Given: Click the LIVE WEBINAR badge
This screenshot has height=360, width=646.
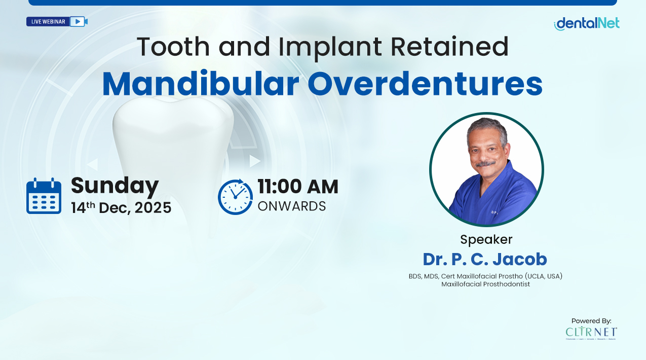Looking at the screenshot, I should point(48,22).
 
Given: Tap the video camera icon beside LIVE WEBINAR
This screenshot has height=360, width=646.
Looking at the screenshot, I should point(79,22).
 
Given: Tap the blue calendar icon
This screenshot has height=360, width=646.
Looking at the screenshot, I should point(44,196).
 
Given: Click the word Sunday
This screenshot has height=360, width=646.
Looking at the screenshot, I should point(115,186).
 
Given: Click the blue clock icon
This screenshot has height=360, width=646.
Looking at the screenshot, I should point(235,197).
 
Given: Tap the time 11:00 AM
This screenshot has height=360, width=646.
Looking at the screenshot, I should point(297,187).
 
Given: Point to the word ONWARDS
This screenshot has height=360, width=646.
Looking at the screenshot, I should point(291,206).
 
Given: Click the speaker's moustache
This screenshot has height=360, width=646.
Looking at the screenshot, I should point(486,164).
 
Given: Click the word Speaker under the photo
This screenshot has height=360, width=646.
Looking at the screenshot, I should point(486,239).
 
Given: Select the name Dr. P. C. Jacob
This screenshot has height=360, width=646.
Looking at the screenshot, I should point(485,259).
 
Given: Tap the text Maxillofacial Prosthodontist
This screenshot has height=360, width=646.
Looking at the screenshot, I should point(485,284).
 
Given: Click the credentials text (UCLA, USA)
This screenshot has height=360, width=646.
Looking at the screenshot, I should point(544,276).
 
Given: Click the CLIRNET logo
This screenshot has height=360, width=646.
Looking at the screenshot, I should point(591,333).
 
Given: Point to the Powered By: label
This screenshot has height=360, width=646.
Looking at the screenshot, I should point(591,320).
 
